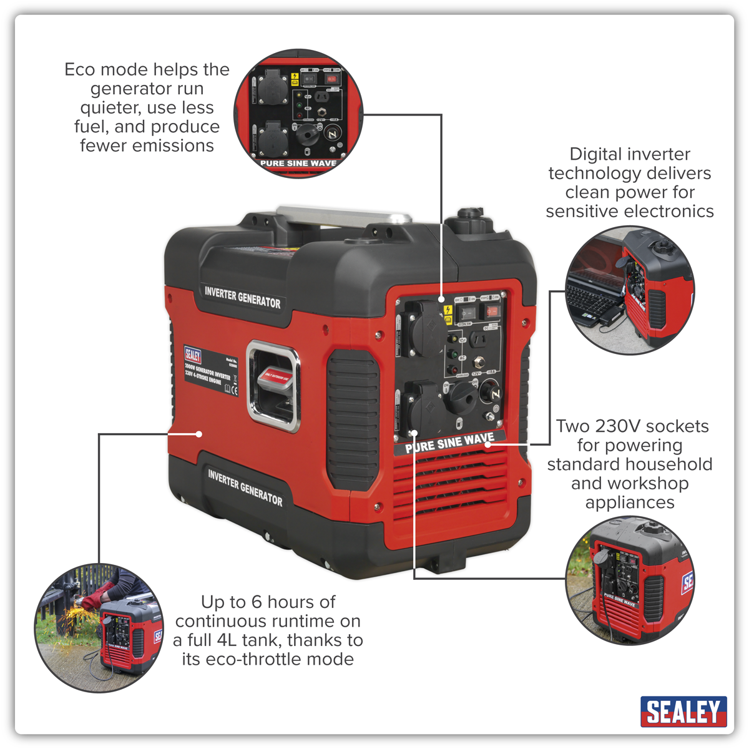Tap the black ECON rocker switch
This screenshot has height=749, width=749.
[468, 312]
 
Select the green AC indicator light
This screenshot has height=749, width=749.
[454, 355]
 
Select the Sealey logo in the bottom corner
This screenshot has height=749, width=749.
[683, 712]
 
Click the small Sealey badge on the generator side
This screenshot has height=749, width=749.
[193, 355]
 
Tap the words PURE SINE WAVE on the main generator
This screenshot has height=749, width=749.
[449, 443]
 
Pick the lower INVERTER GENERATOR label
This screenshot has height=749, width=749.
[245, 487]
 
